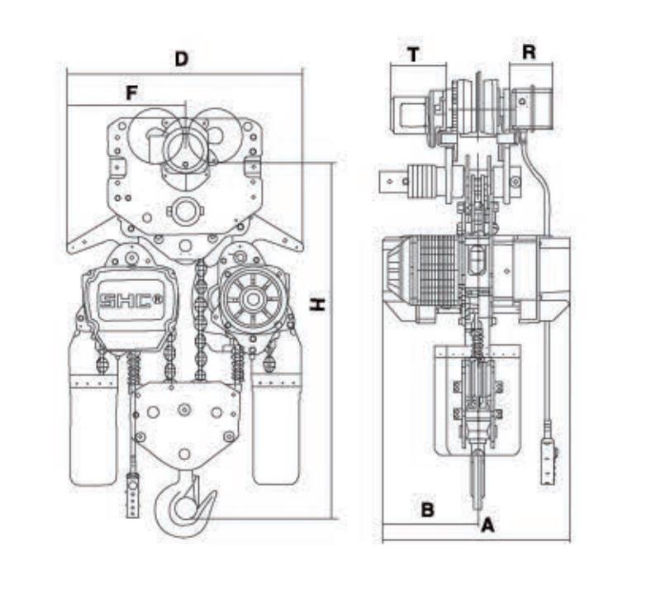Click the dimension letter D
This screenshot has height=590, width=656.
click(x=182, y=59)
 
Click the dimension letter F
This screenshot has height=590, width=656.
click(x=131, y=93)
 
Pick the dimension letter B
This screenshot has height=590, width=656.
click(x=427, y=510)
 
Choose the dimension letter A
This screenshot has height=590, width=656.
click(x=487, y=524)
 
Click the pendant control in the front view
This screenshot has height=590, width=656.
click(x=133, y=496)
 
